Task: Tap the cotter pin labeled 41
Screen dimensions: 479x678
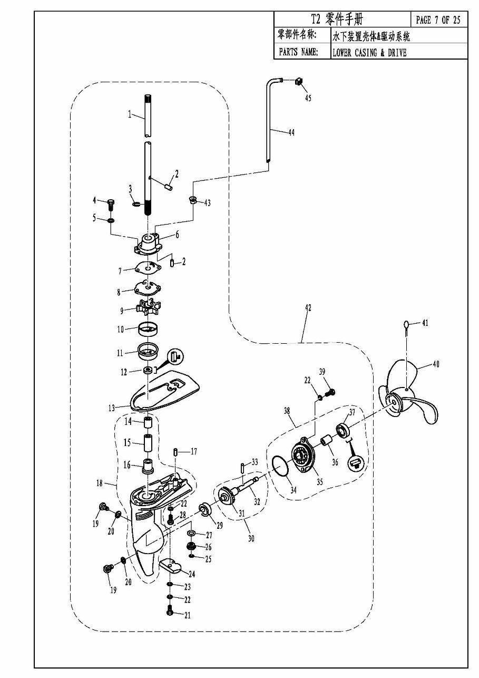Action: coord(406,327)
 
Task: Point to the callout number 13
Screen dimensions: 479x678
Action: coord(112,408)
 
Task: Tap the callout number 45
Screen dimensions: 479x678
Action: coord(308,98)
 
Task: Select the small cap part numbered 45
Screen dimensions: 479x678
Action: coord(299,81)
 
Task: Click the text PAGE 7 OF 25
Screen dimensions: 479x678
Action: coord(438,20)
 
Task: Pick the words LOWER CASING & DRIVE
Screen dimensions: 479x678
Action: coord(369,53)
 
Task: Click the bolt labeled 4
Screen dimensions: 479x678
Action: coord(111,206)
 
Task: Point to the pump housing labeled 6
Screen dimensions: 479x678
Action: coord(148,244)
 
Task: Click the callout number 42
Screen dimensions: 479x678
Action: coord(308,308)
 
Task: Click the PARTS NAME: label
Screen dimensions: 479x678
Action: coord(298,52)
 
